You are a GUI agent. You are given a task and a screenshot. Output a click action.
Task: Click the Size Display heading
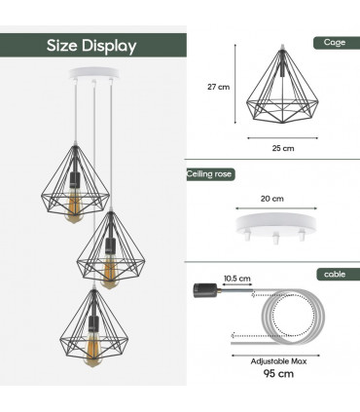tap(92, 46)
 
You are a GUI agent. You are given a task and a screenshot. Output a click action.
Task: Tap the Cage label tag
tap(334, 43)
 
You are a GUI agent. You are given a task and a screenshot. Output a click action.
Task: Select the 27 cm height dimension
tap(219, 87)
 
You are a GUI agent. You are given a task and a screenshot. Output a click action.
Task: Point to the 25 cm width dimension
tap(282, 148)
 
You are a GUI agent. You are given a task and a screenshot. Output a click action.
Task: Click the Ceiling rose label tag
tap(210, 174)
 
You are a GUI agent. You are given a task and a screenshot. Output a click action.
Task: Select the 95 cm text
tap(272, 374)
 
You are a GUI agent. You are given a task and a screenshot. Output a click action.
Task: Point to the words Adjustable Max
tap(271, 358)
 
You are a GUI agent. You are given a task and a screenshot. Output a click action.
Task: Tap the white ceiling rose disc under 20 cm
tap(271, 223)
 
